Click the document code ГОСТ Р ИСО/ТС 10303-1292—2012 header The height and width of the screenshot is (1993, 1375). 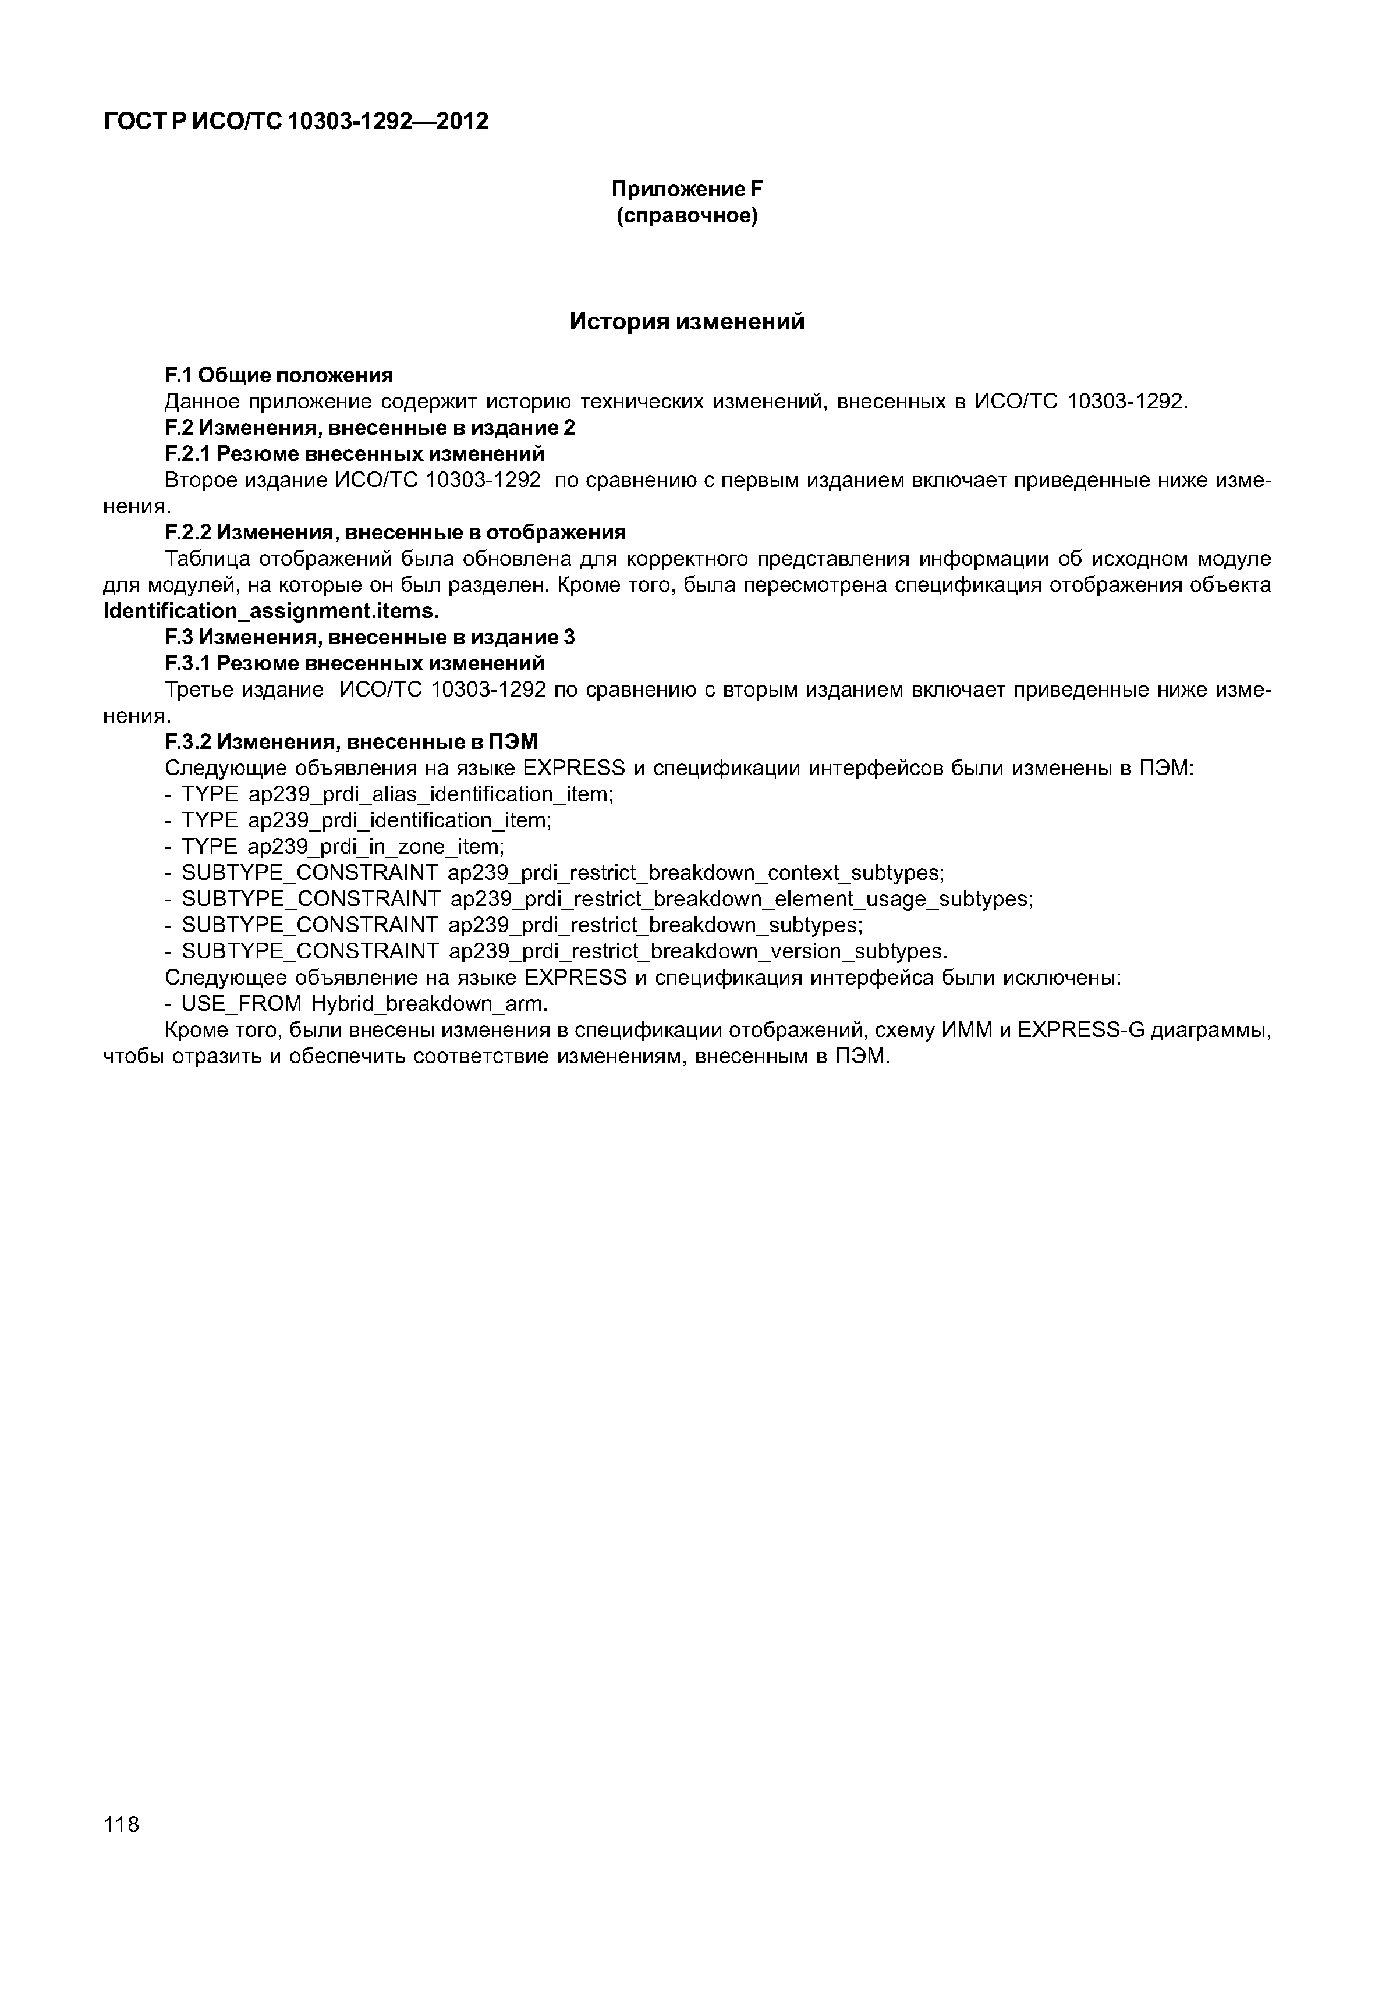point(296,122)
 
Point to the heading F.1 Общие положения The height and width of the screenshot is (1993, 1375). point(278,375)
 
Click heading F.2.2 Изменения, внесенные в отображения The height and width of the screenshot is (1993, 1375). point(395,532)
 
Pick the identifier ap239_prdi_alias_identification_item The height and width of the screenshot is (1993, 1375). point(428,794)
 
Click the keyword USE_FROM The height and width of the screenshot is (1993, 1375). point(242,1004)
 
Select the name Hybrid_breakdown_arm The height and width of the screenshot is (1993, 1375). point(428,1004)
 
